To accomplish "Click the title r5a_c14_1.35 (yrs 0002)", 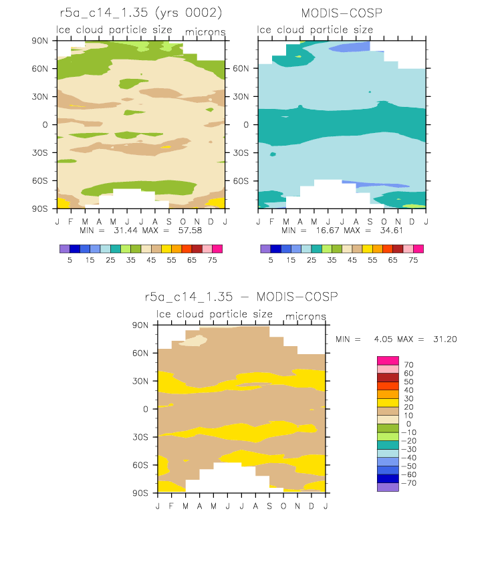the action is (x=141, y=13).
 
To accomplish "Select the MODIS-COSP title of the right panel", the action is (x=342, y=13).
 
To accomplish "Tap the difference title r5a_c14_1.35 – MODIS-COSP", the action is (x=241, y=297).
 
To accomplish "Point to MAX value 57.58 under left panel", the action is (x=190, y=231).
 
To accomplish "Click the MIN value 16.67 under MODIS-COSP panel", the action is (x=328, y=231).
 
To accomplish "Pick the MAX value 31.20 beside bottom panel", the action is (x=445, y=339).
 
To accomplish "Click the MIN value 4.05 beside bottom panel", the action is (x=383, y=339).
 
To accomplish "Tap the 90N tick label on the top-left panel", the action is (x=39, y=41).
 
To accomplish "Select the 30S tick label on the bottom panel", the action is (x=140, y=437).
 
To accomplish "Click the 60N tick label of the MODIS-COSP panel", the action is (x=241, y=69).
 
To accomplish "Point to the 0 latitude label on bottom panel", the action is (x=146, y=409).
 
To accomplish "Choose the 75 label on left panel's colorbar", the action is (x=212, y=260).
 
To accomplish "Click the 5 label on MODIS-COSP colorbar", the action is (x=271, y=260).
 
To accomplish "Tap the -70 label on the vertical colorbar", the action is (x=408, y=483).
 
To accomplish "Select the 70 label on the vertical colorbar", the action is (x=408, y=365).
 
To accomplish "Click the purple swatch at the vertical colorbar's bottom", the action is (x=388, y=487).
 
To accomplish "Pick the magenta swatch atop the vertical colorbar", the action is (x=388, y=361).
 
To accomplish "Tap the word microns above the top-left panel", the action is (x=205, y=32).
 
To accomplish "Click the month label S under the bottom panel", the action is (x=269, y=507).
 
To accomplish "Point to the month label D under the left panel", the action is (x=211, y=221).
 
